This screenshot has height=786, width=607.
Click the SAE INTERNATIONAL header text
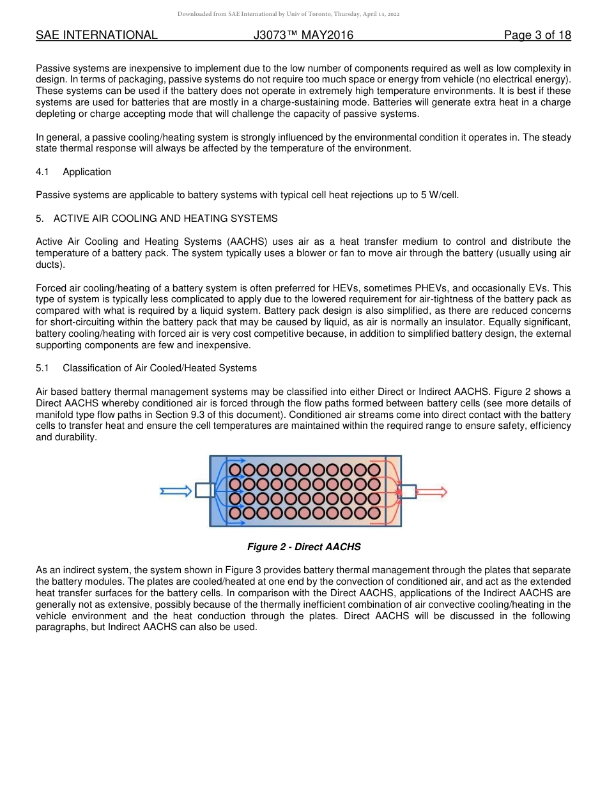coord(96,35)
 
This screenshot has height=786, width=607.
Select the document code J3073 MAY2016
coord(303,35)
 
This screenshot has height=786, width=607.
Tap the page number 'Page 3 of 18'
coord(537,35)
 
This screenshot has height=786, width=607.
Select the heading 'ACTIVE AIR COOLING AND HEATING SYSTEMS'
coord(165,219)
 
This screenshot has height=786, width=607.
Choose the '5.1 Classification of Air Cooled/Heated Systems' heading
coord(146,368)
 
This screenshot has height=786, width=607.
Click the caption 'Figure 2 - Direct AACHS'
coord(304,547)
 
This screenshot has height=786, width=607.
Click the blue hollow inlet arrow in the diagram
coord(176,491)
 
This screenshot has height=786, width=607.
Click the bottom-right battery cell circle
coord(374,512)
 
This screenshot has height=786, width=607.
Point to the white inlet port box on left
coord(204,490)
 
